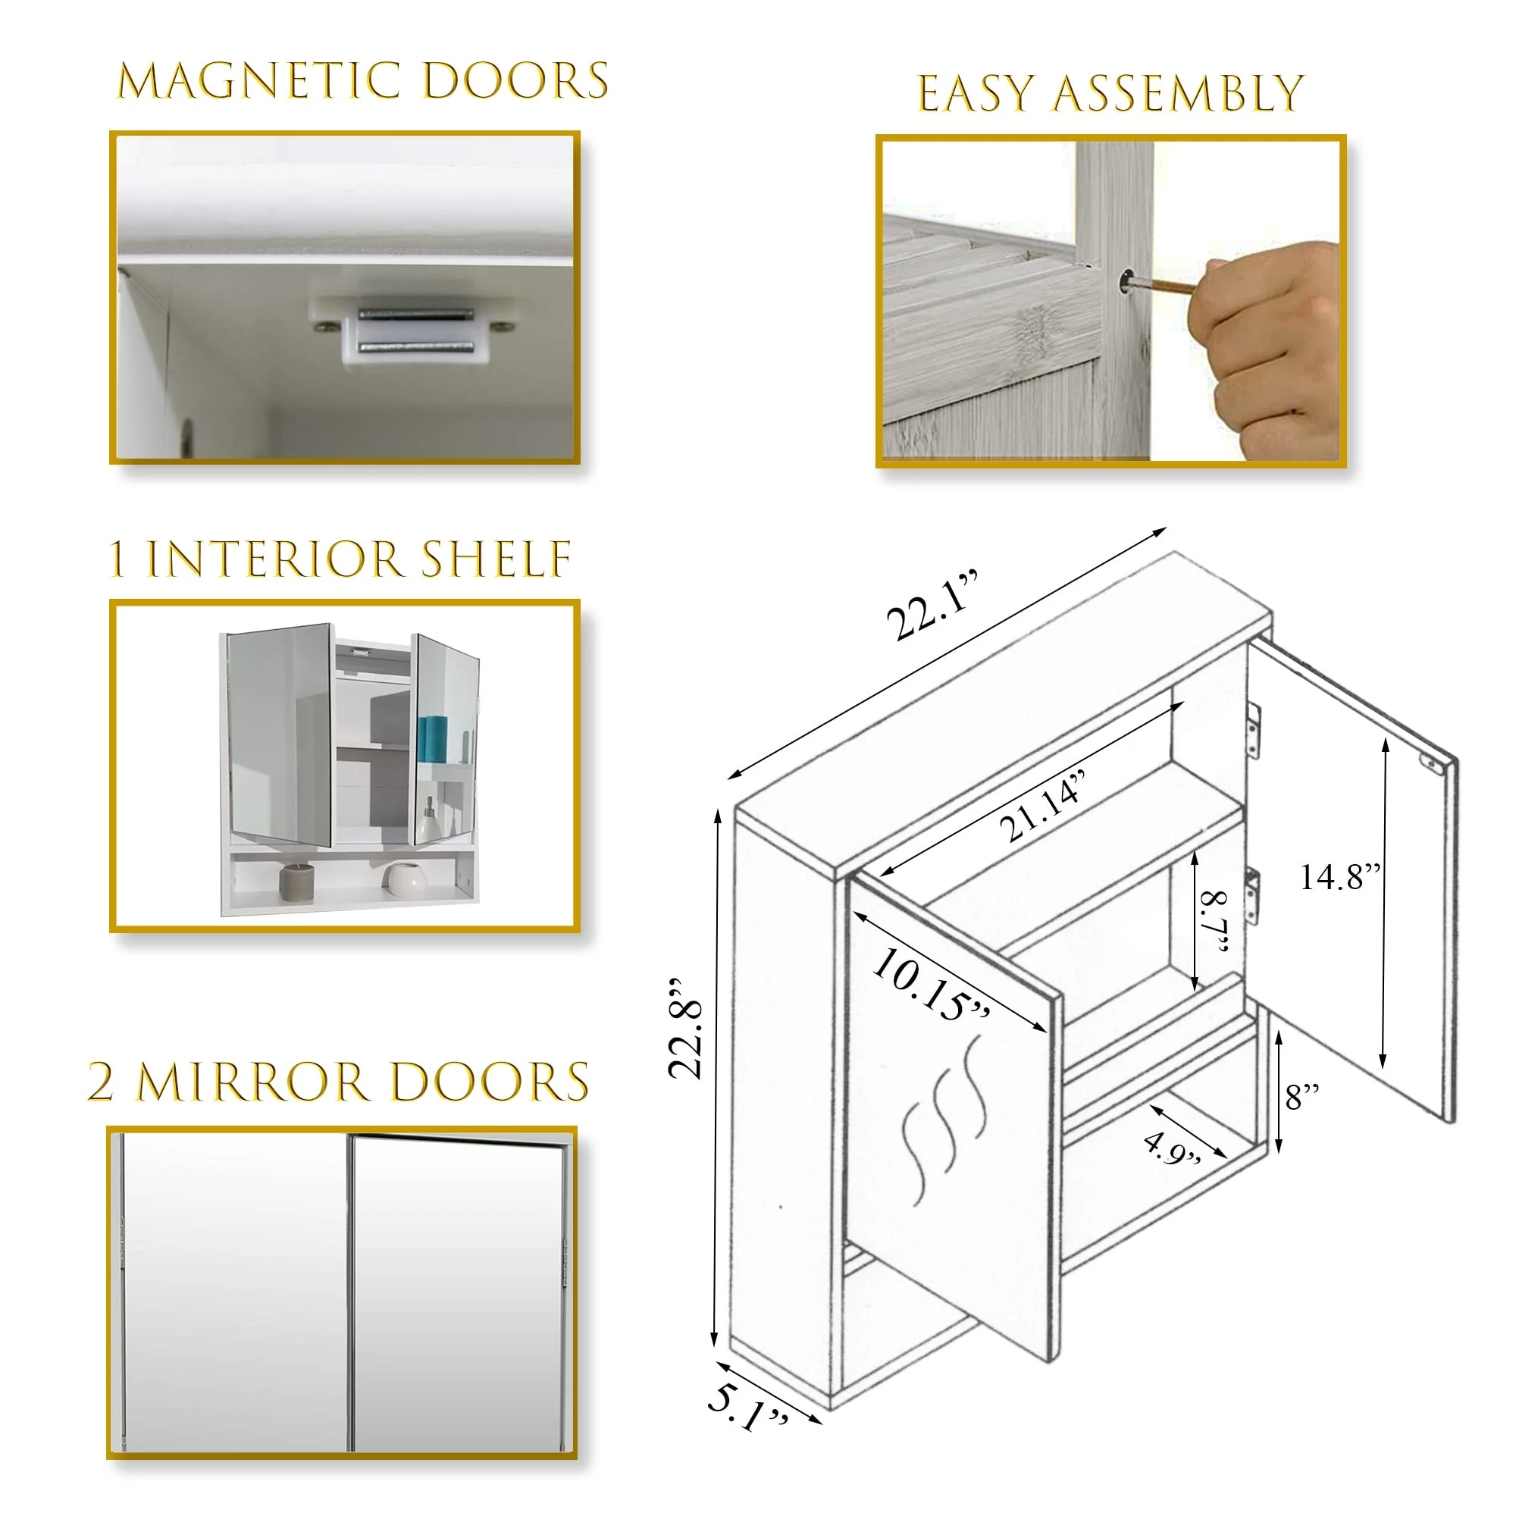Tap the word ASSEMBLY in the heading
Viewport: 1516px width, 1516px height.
(1176, 94)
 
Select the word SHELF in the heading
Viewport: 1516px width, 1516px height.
(495, 559)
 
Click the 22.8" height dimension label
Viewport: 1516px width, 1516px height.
(686, 1029)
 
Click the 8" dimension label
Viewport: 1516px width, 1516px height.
(1301, 1096)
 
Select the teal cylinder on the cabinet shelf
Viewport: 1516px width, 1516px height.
(431, 738)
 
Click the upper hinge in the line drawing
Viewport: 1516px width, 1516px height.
(1253, 731)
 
